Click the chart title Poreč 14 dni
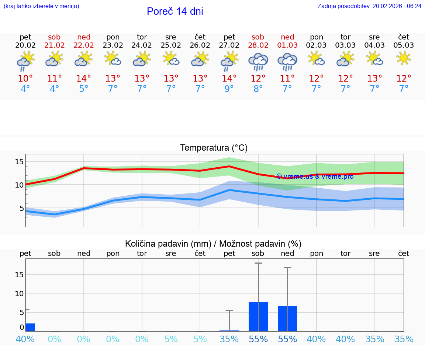(x=175, y=11)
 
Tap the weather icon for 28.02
(x=258, y=61)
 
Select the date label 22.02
(x=84, y=45)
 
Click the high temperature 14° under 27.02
(x=229, y=79)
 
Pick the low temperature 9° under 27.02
(x=229, y=89)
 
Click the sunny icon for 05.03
(x=404, y=58)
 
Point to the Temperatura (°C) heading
(x=214, y=148)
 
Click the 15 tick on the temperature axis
(x=19, y=162)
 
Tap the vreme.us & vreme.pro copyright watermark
(x=315, y=176)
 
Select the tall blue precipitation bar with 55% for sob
(x=258, y=316)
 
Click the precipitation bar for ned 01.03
(x=287, y=318)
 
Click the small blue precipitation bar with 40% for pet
(x=30, y=327)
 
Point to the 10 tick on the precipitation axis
(x=19, y=293)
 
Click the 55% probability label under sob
(x=258, y=339)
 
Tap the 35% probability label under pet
(x=229, y=339)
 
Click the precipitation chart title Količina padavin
(x=213, y=244)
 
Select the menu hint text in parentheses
(x=41, y=6)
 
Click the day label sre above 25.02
(x=170, y=37)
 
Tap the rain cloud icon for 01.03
(x=287, y=61)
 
